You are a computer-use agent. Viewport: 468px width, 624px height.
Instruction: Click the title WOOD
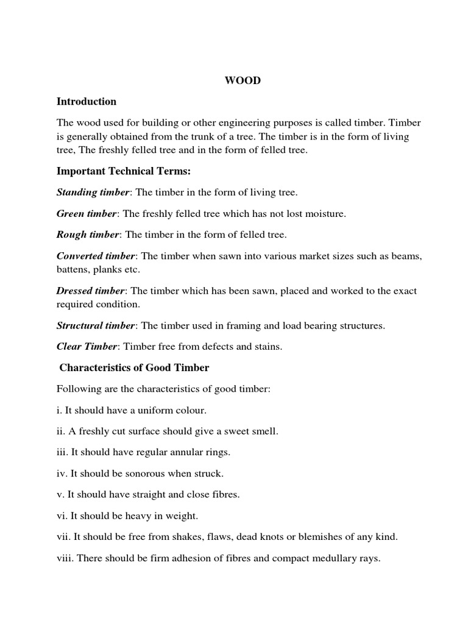[x=243, y=81]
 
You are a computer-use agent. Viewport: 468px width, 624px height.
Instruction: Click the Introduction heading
[x=86, y=101]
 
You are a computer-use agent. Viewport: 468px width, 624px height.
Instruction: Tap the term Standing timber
[x=93, y=193]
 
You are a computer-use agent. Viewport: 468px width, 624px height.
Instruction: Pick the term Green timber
[x=86, y=213]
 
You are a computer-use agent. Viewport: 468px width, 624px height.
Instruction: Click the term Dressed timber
[x=91, y=291]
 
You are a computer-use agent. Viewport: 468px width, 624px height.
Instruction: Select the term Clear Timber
[x=86, y=347]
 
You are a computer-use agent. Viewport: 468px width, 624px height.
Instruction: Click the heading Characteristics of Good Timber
[x=134, y=367]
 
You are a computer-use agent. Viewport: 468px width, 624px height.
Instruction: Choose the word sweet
[x=233, y=431]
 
